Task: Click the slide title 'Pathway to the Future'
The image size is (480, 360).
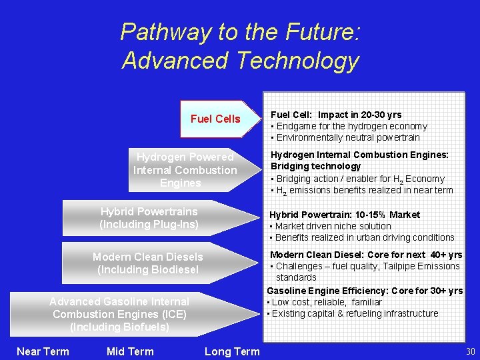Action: click(x=240, y=32)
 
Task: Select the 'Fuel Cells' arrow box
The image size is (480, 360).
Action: click(x=215, y=119)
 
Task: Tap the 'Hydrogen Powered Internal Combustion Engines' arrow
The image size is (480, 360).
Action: click(x=185, y=170)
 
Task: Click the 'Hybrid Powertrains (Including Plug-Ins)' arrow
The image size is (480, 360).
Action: click(x=149, y=218)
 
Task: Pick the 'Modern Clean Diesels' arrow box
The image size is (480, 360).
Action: click(x=148, y=263)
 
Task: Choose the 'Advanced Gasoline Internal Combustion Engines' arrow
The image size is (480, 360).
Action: click(x=119, y=314)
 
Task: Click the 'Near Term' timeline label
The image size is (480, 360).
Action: click(x=43, y=351)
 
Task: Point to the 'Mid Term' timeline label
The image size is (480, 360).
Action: click(x=129, y=351)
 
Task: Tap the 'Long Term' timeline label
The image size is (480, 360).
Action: click(x=232, y=351)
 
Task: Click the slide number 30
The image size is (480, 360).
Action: click(x=471, y=351)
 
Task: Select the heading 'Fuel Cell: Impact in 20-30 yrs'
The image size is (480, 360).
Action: click(x=336, y=115)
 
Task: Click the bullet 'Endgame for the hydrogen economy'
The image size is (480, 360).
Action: click(x=351, y=126)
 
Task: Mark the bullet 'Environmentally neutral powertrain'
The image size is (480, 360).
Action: click(x=348, y=137)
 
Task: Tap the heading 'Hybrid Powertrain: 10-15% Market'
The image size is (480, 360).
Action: click(x=345, y=215)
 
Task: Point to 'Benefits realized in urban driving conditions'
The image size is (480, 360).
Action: click(x=365, y=237)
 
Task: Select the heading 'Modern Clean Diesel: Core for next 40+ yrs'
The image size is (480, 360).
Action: click(x=365, y=255)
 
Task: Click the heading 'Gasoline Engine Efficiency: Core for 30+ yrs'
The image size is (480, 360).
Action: click(x=365, y=291)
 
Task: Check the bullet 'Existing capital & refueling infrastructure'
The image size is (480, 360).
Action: click(x=355, y=313)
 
